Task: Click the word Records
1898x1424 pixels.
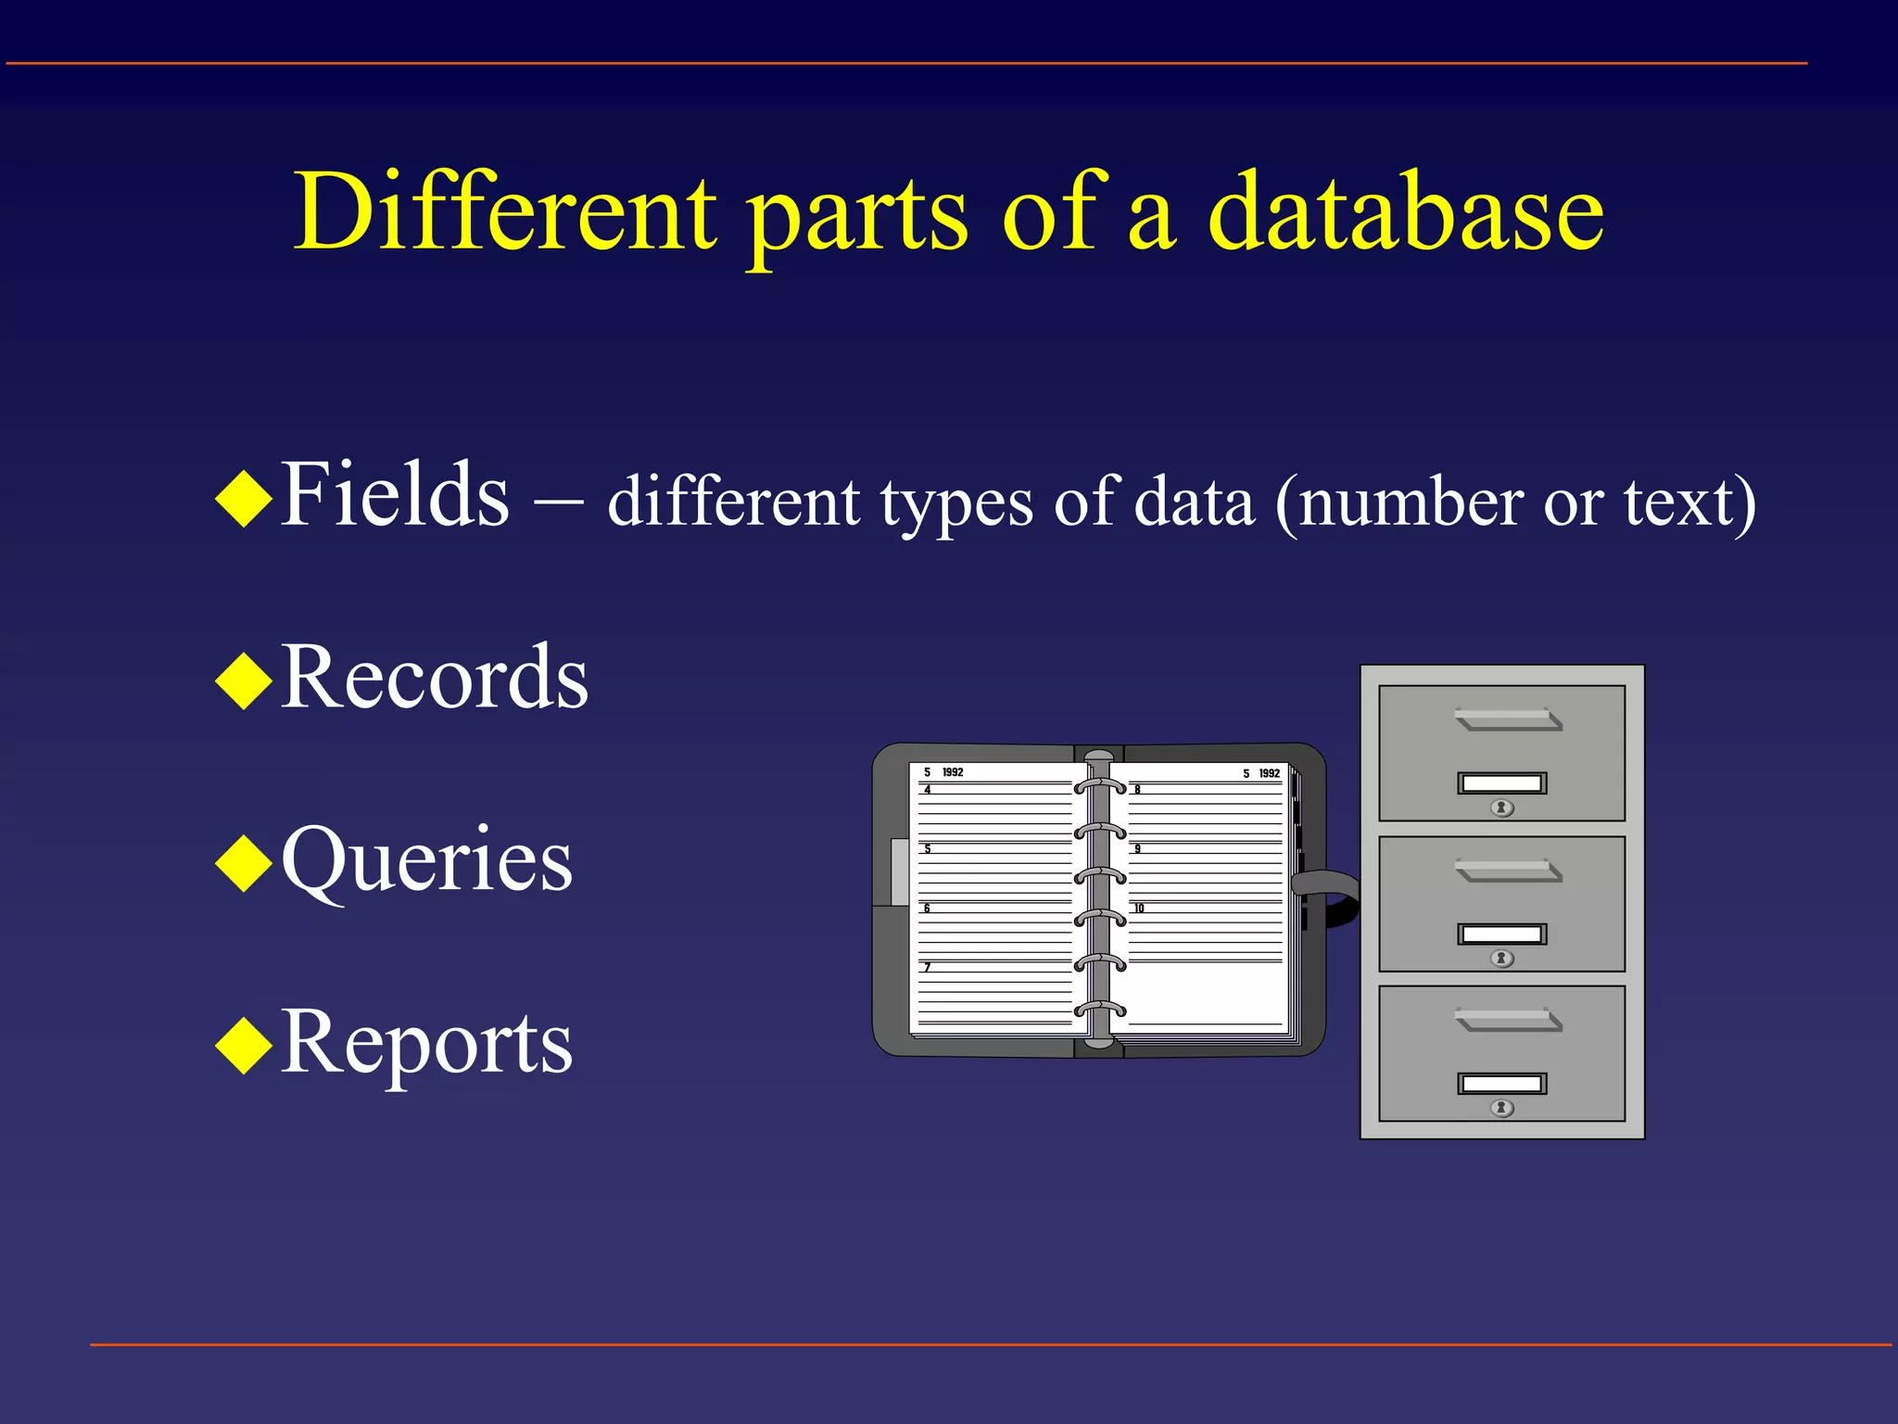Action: click(x=434, y=679)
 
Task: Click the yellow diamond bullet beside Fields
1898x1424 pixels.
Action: click(x=243, y=499)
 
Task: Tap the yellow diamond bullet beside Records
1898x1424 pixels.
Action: click(x=243, y=681)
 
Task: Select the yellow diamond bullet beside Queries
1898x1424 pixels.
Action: click(x=243, y=864)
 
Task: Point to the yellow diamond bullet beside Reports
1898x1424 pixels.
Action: click(x=243, y=1046)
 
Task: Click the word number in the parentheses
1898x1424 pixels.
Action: click(x=1411, y=502)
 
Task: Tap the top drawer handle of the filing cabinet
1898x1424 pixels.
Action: click(x=1508, y=719)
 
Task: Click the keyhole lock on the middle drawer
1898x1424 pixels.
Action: click(x=1502, y=959)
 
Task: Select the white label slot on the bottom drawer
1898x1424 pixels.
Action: click(x=1501, y=1084)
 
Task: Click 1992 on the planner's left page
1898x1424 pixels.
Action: click(x=953, y=772)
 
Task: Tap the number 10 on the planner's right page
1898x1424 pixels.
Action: click(x=1139, y=909)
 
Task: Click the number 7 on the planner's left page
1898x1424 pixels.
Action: click(x=927, y=968)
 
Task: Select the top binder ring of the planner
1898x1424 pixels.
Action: click(x=1100, y=786)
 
